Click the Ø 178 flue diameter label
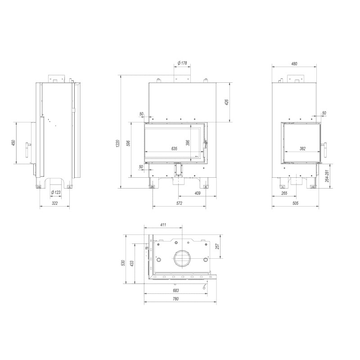click(182, 63)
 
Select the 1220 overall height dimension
click(118, 144)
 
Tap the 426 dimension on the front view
click(227, 103)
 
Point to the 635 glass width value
click(174, 149)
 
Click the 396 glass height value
click(188, 143)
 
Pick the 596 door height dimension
click(128, 143)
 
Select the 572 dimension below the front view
click(179, 203)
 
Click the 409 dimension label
click(198, 193)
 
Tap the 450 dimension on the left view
click(13, 143)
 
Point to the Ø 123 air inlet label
click(56, 193)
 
